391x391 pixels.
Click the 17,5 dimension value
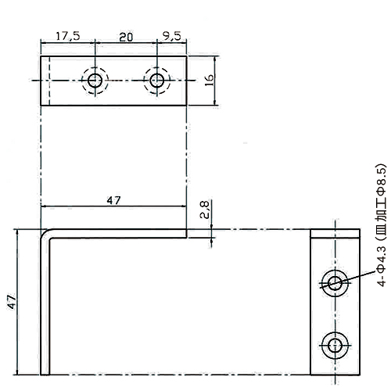(x=68, y=36)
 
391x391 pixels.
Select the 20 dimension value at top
(x=126, y=37)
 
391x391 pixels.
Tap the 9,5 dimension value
(x=172, y=36)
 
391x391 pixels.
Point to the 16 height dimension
(x=210, y=81)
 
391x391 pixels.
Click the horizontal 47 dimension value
(x=113, y=200)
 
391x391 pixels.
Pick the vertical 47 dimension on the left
(x=12, y=302)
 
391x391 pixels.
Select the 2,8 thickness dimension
(x=205, y=210)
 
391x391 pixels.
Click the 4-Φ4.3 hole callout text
(x=381, y=225)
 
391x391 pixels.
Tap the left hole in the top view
(x=95, y=81)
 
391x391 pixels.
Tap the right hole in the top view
(x=156, y=81)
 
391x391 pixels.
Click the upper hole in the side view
(x=335, y=283)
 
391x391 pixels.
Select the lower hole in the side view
(x=335, y=346)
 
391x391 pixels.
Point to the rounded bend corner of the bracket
(x=45, y=234)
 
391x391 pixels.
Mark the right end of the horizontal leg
(x=187, y=234)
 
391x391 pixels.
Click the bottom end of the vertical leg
(x=45, y=375)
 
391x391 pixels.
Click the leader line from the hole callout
(x=348, y=280)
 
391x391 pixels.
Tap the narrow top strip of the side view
(x=335, y=234)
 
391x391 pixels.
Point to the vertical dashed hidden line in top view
(x=49, y=81)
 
